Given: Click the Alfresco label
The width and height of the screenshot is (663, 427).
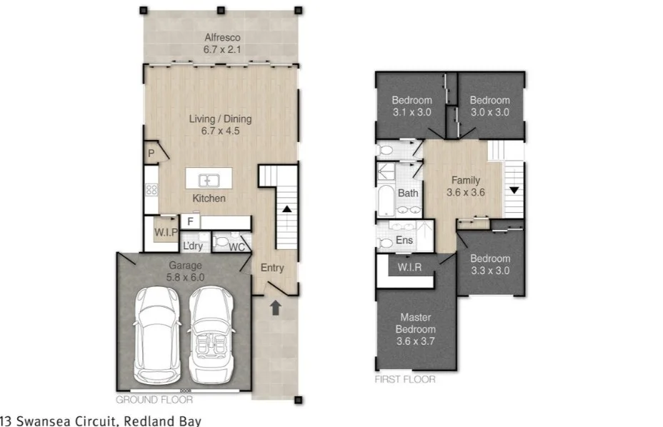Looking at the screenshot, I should tap(221, 44).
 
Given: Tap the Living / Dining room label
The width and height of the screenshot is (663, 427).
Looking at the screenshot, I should tap(220, 125).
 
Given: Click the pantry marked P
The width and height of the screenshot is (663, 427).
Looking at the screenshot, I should tap(151, 154).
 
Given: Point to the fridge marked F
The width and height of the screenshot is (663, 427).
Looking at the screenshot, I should tap(191, 221).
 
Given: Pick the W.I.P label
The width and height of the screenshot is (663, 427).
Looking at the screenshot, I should tap(166, 232).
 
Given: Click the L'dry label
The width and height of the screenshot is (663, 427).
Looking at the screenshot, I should tap(192, 246).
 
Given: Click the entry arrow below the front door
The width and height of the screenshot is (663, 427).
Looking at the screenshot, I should tap(275, 308).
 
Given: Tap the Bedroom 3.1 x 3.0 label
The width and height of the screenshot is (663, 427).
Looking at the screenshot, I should tap(412, 106).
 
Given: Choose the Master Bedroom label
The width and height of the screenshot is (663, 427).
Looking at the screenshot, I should tap(415, 328).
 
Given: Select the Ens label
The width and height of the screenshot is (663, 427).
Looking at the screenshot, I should tap(404, 241).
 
